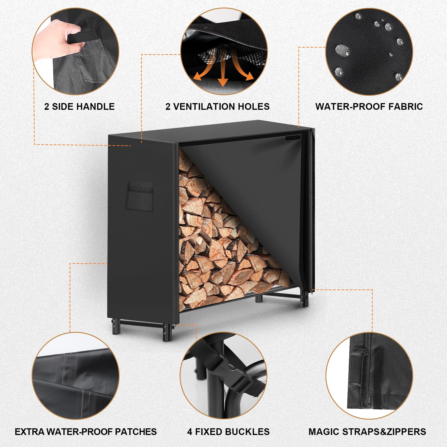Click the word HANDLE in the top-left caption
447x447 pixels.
point(95,106)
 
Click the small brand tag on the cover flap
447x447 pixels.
point(293,138)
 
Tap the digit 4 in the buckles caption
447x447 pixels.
point(190,432)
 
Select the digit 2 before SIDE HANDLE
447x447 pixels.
point(47,106)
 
